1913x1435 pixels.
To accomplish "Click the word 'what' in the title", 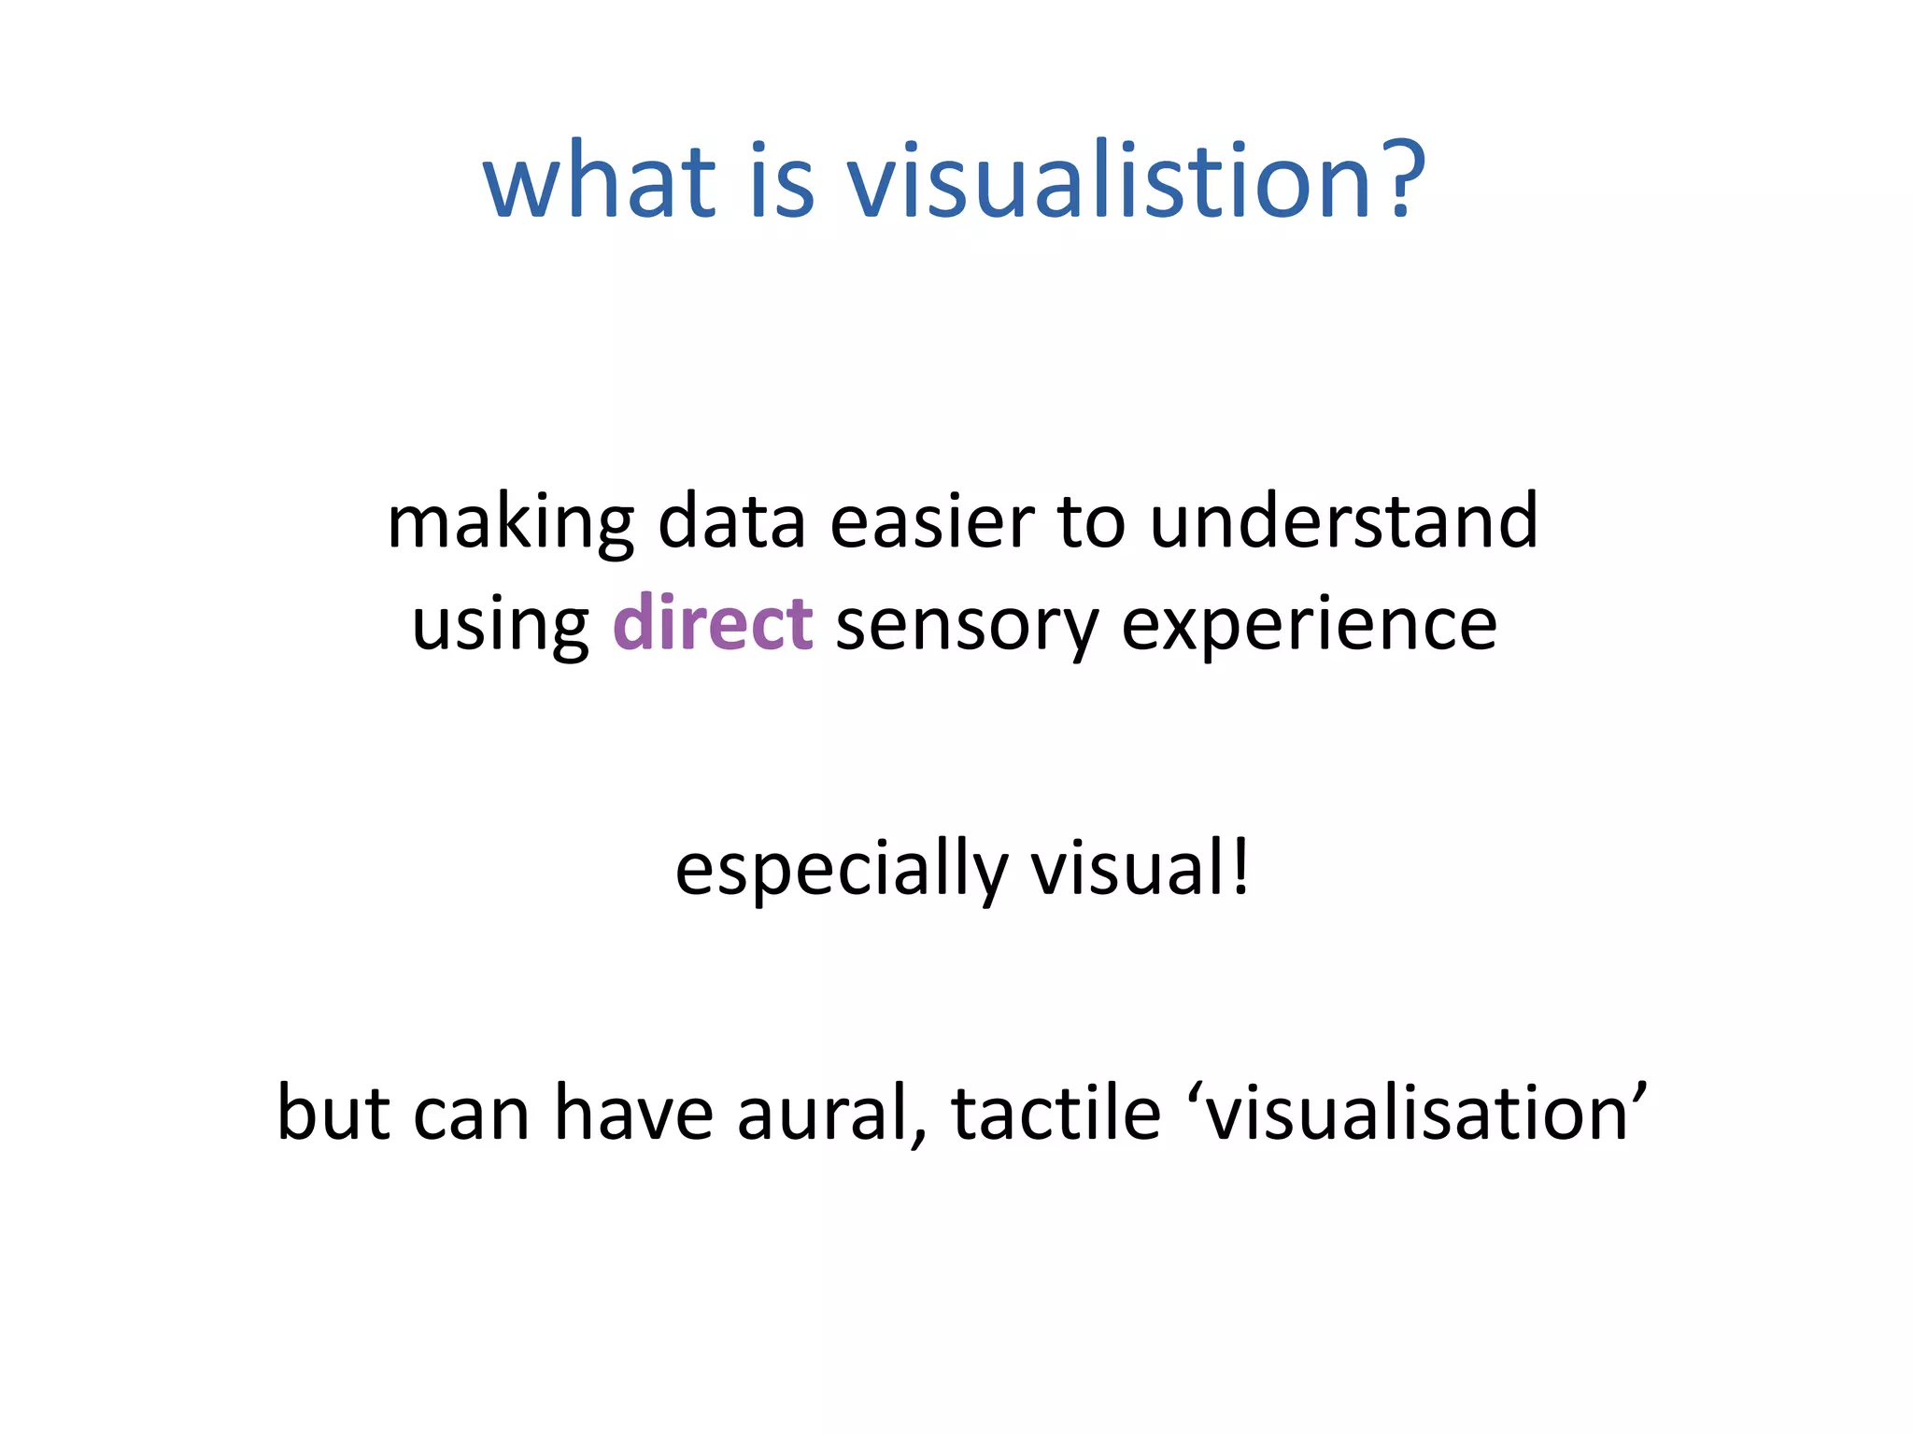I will coord(599,179).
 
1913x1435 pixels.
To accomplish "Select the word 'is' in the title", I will coord(782,179).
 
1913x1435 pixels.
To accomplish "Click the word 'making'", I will coord(510,523).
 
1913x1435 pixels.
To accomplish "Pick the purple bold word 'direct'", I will coord(712,623).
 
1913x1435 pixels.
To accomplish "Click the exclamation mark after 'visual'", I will coord(1240,869).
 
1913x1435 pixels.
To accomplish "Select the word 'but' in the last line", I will coord(333,1113).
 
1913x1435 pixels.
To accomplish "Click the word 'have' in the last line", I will coord(633,1113).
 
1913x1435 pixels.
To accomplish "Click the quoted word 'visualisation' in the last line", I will coord(1416,1113).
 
